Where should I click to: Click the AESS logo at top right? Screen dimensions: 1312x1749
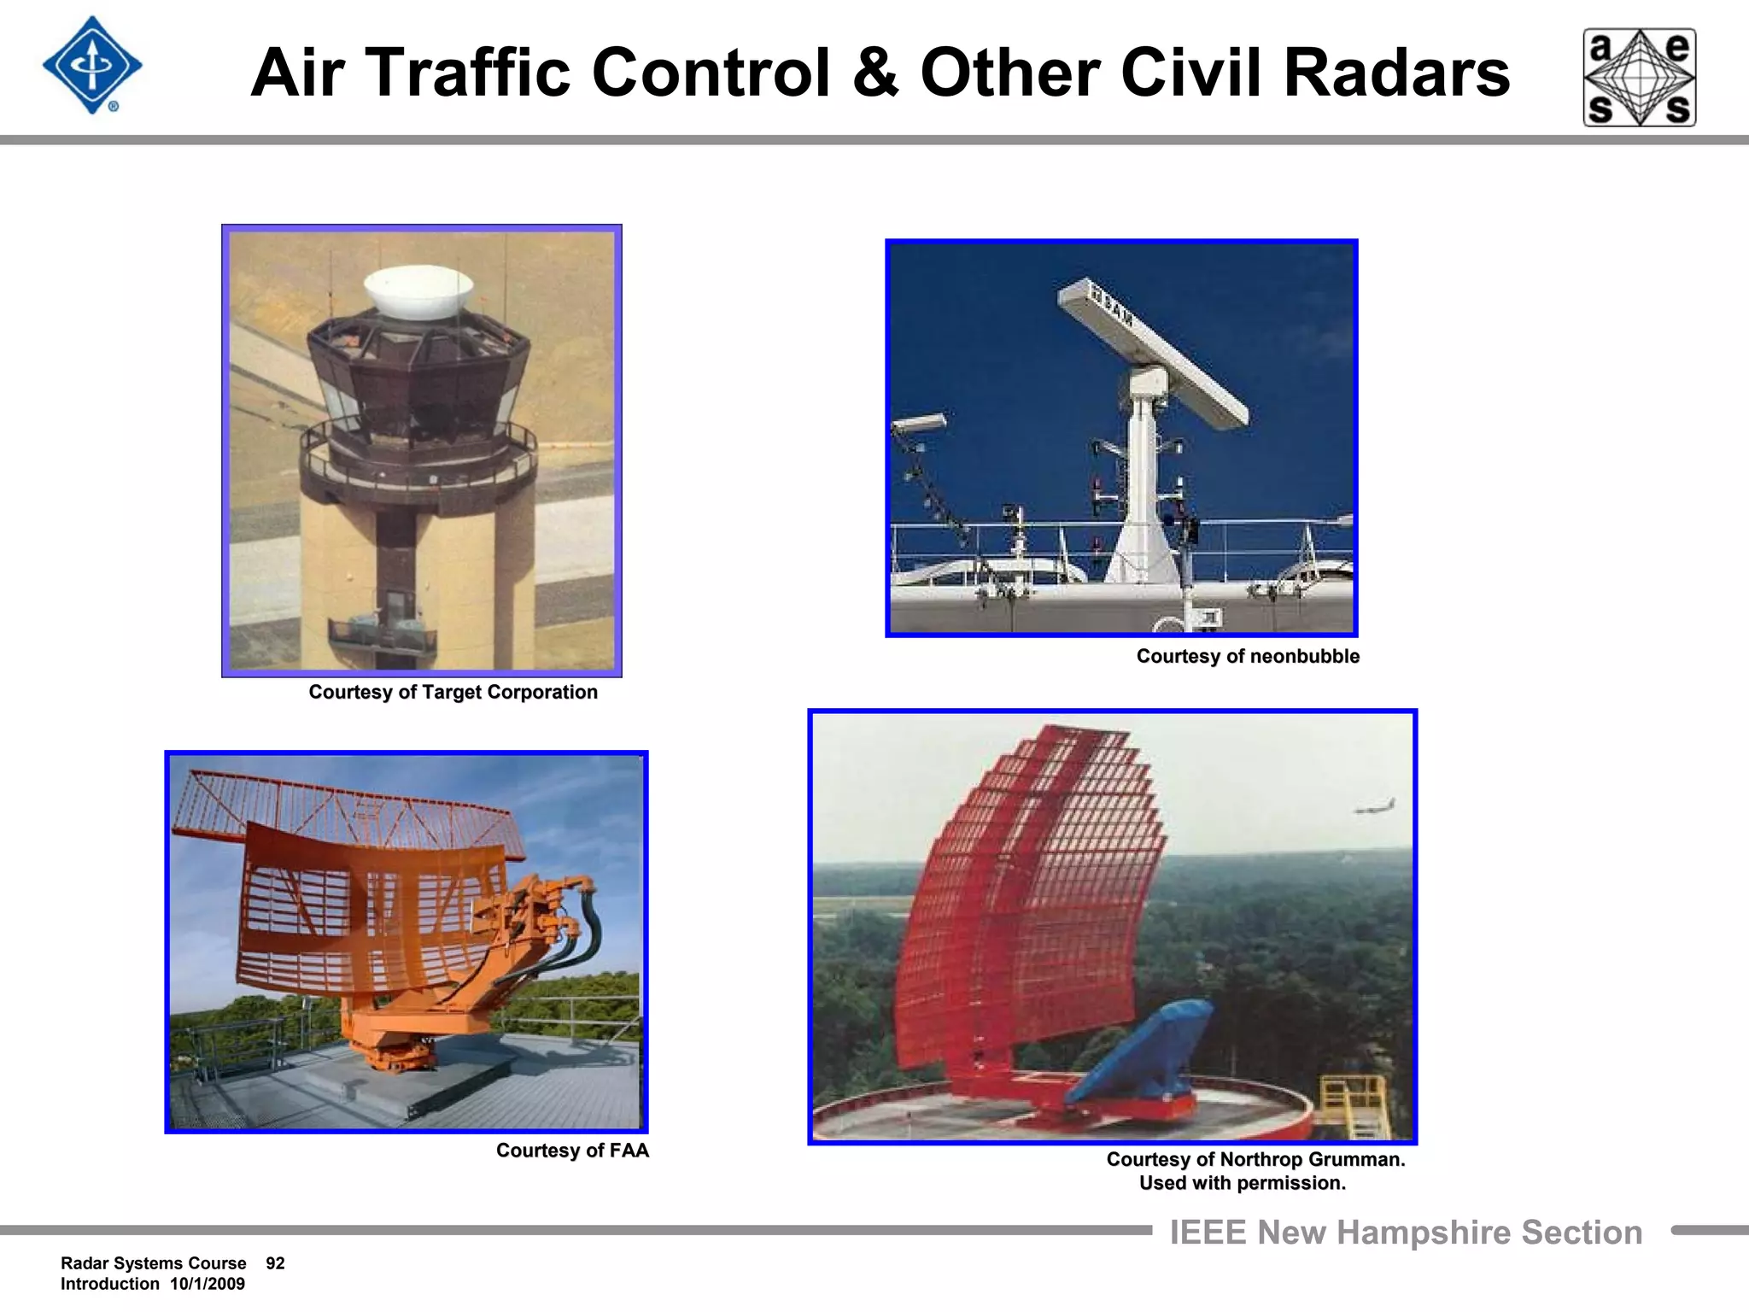(x=1640, y=78)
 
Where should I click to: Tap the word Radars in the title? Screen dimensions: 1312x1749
(x=1396, y=73)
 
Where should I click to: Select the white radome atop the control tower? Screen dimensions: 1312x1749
(x=418, y=291)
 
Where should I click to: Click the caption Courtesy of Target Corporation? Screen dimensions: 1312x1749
(x=453, y=692)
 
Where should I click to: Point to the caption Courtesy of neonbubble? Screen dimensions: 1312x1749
(x=1247, y=656)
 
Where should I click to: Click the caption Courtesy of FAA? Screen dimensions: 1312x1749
(x=572, y=1151)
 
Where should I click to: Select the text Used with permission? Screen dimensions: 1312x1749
(x=1242, y=1183)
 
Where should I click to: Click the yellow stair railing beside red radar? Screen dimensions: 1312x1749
(x=1354, y=1102)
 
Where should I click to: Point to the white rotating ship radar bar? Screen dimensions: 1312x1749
(x=1153, y=350)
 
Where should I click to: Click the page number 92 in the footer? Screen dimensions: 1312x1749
(x=275, y=1263)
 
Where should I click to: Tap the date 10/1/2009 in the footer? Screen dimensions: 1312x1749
(x=208, y=1284)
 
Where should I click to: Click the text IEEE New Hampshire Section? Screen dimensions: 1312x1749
(x=1406, y=1233)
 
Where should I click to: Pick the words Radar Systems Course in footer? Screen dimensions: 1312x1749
(x=154, y=1263)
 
